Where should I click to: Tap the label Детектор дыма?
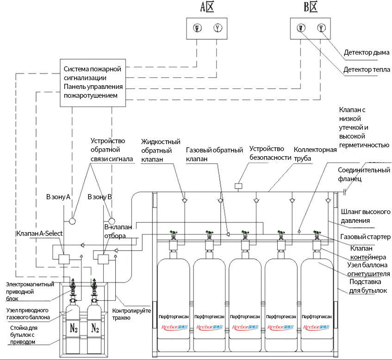point(366,52)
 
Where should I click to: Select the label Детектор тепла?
point(365,70)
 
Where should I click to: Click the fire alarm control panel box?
point(93,82)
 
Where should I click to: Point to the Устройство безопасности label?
point(266,153)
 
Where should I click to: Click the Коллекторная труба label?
point(315,153)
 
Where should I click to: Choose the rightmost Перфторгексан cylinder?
point(317,306)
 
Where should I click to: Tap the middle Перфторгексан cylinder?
point(246,306)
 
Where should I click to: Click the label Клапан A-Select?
point(39,234)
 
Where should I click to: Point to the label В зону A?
point(58,197)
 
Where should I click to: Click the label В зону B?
point(100,197)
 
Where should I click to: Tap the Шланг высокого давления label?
point(366,215)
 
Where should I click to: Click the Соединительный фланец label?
point(364,174)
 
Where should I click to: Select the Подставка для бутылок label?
point(368,286)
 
